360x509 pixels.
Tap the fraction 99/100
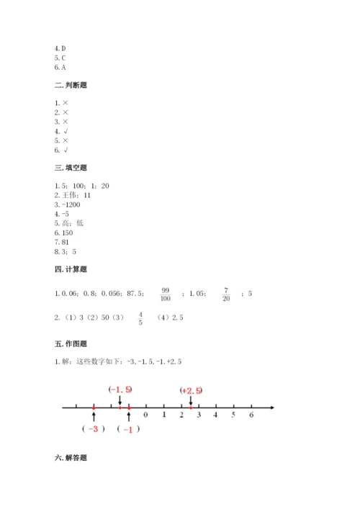(x=166, y=293)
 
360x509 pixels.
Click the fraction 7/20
(x=225, y=293)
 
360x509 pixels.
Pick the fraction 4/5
(x=140, y=317)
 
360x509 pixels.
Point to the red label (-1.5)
(x=120, y=389)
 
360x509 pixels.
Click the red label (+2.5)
(x=191, y=390)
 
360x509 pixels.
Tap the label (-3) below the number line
(x=94, y=429)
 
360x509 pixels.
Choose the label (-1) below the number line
(x=129, y=429)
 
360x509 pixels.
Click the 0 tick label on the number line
(x=146, y=415)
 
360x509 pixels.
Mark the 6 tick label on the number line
(x=251, y=415)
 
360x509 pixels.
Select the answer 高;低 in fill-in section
(x=71, y=224)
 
